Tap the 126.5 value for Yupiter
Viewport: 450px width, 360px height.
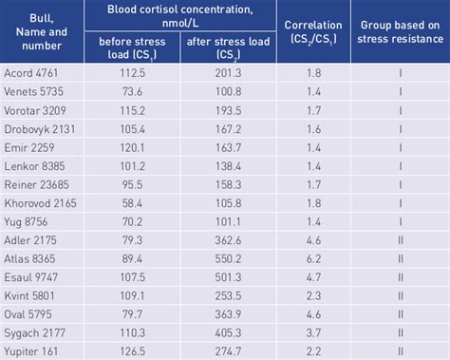click(138, 350)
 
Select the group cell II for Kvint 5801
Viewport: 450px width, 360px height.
click(400, 294)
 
